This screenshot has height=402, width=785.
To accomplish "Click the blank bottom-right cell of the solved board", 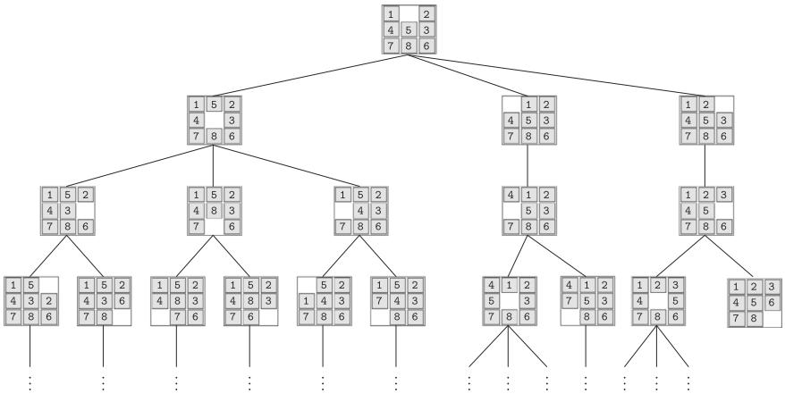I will coord(768,317).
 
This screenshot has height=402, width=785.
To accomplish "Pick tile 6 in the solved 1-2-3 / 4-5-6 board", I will coord(768,302).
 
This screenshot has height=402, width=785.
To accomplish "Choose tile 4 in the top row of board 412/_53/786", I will coord(510,194).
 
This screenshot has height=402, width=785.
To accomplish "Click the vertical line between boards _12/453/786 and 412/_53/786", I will coord(528,164).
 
